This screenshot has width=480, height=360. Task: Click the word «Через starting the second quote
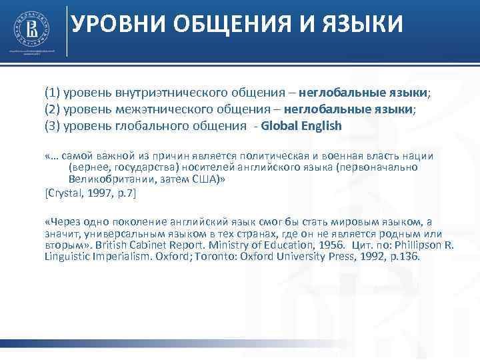click(x=63, y=222)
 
